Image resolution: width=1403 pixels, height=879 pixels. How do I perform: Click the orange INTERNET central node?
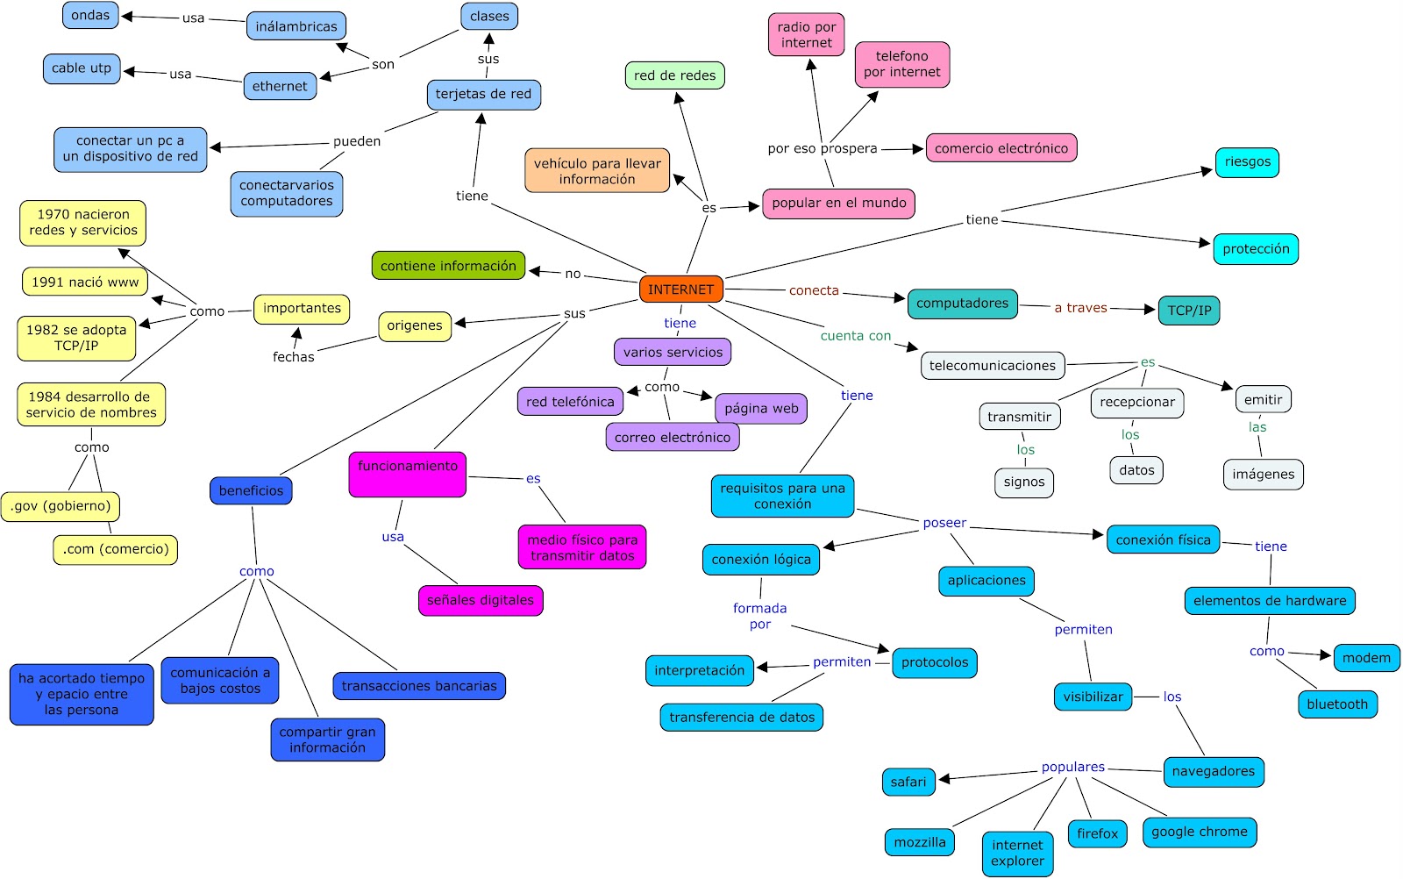pos(681,289)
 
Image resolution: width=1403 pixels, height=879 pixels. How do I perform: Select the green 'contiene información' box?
pos(448,266)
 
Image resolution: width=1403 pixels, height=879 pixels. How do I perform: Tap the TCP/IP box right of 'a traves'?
pos(1188,311)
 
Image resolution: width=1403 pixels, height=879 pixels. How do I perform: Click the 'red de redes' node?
pos(674,75)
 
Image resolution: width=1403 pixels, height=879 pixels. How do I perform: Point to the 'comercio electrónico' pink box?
pos(1001,148)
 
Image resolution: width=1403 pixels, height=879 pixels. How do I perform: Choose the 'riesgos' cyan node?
pos(1247,162)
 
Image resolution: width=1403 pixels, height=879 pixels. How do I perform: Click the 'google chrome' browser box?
pos(1199,832)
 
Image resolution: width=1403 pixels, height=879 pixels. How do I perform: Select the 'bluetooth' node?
pos(1336,704)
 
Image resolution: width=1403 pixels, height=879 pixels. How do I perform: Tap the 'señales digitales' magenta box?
pos(480,601)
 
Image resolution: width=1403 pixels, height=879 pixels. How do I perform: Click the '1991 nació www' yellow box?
pos(85,282)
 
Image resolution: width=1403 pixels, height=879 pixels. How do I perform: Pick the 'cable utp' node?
pos(82,68)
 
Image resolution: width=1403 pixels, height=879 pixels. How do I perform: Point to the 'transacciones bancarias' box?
pos(419,686)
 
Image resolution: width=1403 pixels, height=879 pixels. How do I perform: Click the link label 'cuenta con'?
pos(855,336)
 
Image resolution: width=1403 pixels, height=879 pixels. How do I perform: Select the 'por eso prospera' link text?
pos(822,149)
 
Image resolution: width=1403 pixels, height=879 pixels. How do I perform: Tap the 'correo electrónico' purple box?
pos(672,438)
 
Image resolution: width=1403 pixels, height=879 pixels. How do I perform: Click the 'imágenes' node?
pos(1263,475)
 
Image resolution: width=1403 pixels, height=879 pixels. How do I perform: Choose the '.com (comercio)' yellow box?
pos(115,549)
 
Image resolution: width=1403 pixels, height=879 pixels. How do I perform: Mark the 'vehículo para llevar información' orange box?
pos(597,171)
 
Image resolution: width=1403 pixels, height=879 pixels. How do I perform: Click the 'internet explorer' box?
pos(1017,853)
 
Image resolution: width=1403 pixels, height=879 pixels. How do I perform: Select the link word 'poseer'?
pos(944,523)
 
